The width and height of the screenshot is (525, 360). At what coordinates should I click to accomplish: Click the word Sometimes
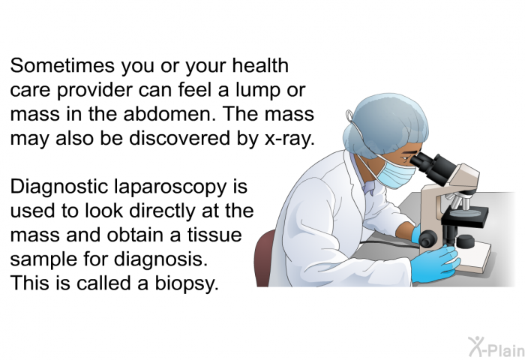62,66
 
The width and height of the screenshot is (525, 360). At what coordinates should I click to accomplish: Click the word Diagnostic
59,187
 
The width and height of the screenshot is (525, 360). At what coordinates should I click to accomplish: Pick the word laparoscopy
170,187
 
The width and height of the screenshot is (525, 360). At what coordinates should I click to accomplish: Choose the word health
259,65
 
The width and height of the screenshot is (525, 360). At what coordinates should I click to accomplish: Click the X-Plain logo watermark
496,346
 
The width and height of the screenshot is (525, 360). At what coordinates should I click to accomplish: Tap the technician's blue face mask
397,173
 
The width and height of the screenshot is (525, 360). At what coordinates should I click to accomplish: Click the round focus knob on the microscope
428,238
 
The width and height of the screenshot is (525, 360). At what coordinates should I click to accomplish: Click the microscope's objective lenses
460,202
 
